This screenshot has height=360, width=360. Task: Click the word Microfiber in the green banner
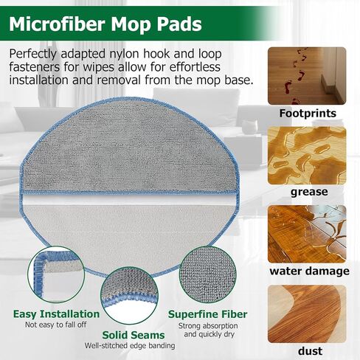[x=58, y=24]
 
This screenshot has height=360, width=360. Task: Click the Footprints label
[x=308, y=114]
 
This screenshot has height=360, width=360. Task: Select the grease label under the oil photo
[x=309, y=192]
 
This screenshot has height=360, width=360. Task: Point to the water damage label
[x=310, y=271]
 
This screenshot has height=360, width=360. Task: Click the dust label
[x=310, y=351]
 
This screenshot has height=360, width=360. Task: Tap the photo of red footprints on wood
[x=307, y=76]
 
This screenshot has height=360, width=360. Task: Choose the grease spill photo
[x=307, y=156]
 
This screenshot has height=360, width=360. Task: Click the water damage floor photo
[x=307, y=234]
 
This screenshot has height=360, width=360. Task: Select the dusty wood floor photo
[x=307, y=314]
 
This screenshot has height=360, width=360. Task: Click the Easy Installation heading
[x=56, y=314]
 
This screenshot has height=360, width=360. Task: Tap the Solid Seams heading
[x=134, y=335]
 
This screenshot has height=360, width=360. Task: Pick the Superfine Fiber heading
[x=208, y=314]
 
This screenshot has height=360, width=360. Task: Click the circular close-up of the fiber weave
[x=208, y=274]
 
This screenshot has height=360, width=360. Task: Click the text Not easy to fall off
[x=56, y=325]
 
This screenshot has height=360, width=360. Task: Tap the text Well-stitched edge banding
[x=130, y=345]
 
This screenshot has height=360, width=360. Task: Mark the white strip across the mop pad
[x=129, y=200]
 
